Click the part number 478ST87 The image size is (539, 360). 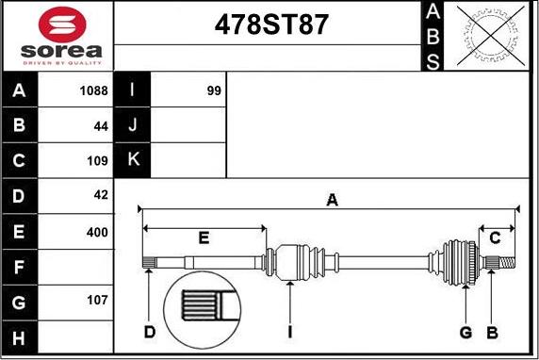(x=271, y=25)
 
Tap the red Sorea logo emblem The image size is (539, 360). (x=62, y=25)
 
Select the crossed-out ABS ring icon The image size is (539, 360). (x=491, y=36)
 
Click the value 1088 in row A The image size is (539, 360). (x=93, y=90)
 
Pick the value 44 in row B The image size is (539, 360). (x=101, y=126)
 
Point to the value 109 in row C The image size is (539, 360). (x=97, y=160)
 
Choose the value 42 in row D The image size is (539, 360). (x=101, y=195)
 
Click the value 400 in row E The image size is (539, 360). (x=97, y=232)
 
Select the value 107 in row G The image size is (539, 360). (x=97, y=300)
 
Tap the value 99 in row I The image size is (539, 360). (x=214, y=90)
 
